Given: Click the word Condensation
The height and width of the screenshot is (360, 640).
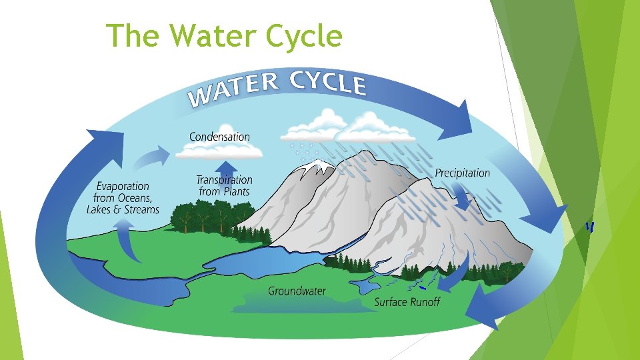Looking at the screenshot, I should (x=219, y=137).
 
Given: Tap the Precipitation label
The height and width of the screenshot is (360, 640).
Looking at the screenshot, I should (x=462, y=173).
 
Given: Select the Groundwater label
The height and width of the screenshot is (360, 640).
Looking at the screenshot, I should (x=297, y=291).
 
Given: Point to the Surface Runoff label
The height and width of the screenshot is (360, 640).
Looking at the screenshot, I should (x=407, y=302).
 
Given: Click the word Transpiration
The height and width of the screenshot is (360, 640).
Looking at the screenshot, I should (x=224, y=180).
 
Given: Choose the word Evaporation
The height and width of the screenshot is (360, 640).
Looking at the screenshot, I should (x=122, y=186).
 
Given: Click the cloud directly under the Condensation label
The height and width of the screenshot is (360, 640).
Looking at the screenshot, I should (x=219, y=152).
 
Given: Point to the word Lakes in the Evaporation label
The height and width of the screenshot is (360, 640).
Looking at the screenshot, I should (x=101, y=209).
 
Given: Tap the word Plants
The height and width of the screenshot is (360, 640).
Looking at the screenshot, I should (x=235, y=192).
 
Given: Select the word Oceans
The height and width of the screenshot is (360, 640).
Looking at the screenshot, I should (x=133, y=198).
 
